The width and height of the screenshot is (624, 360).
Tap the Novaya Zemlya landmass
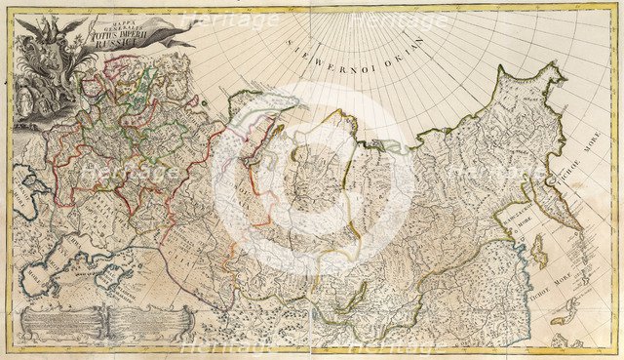258,127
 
